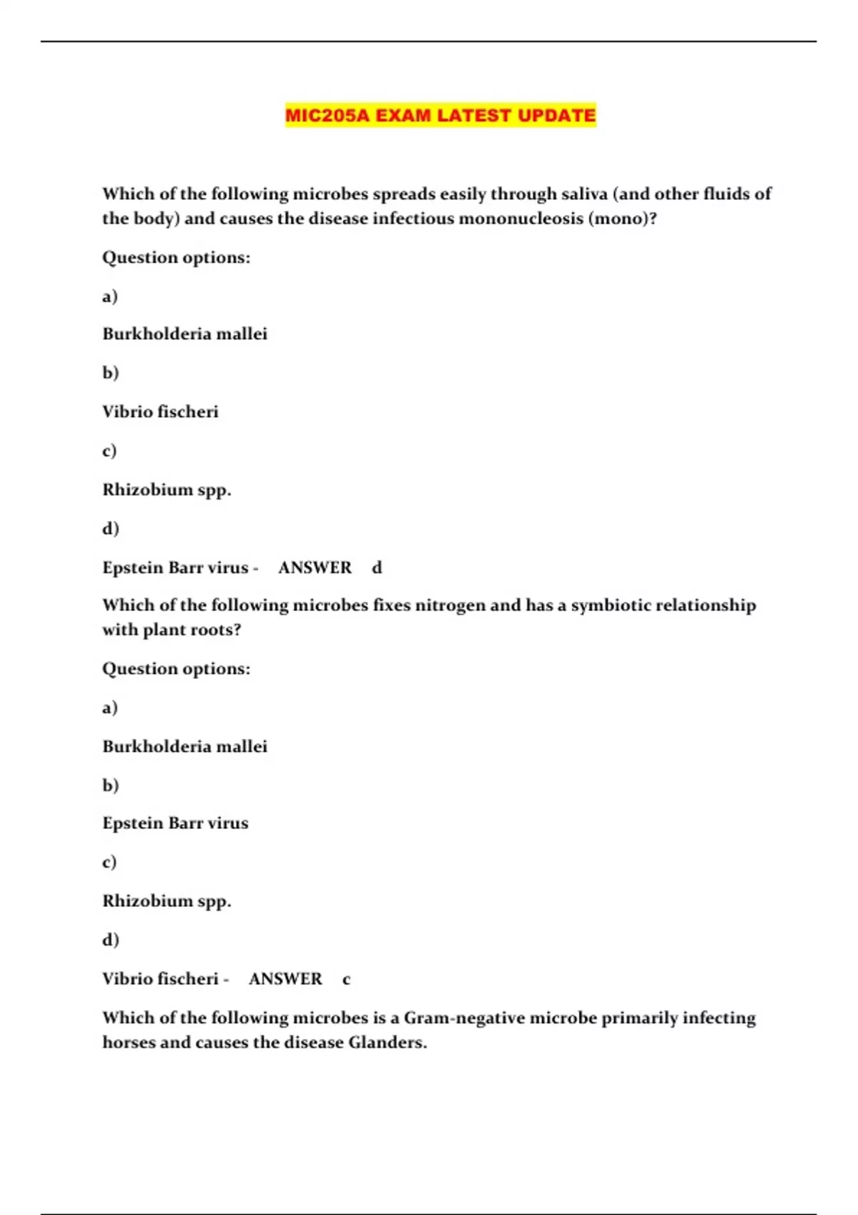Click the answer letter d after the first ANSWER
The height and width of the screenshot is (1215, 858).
[x=377, y=567]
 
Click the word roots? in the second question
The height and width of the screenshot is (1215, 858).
[x=213, y=630]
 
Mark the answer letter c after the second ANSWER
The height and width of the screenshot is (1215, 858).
[x=347, y=979]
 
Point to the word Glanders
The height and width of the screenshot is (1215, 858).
[x=388, y=1043]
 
